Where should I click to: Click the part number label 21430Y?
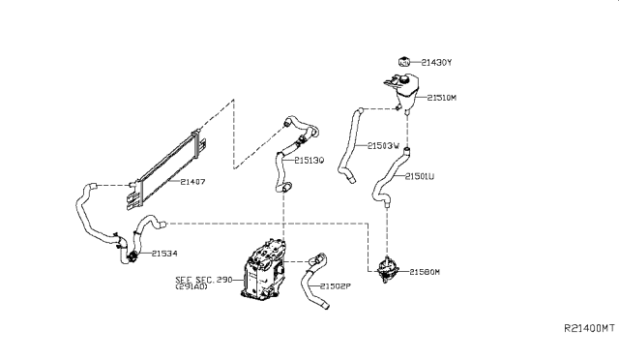click(x=437, y=63)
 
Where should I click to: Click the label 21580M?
click(x=427, y=272)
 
